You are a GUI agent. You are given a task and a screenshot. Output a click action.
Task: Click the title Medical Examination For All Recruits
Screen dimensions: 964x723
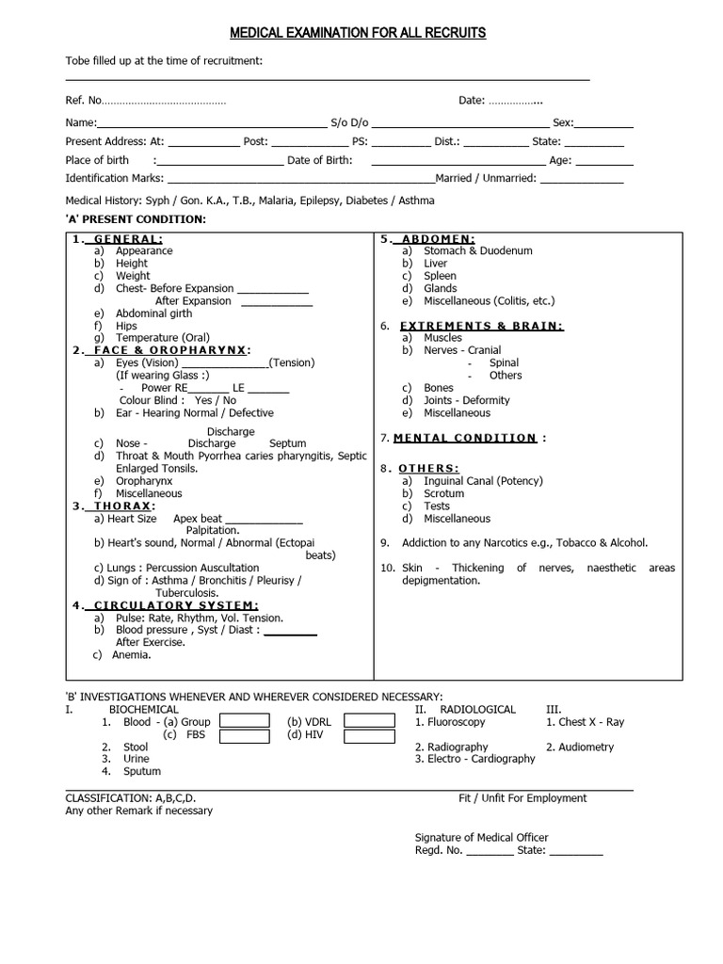pyautogui.click(x=358, y=33)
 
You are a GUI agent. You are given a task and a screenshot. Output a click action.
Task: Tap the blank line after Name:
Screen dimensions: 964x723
pyautogui.click(x=211, y=123)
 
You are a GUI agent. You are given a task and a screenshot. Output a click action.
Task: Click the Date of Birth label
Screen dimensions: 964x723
pyautogui.click(x=320, y=160)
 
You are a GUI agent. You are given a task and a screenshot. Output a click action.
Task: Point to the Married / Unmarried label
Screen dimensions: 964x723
pyautogui.click(x=486, y=178)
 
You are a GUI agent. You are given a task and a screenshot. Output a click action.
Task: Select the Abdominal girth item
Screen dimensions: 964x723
pyautogui.click(x=153, y=313)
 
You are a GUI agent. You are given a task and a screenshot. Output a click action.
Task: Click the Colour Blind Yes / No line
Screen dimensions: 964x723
pyautogui.click(x=177, y=400)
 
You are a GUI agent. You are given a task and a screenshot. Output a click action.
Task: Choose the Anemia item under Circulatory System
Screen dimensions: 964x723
pyautogui.click(x=137, y=654)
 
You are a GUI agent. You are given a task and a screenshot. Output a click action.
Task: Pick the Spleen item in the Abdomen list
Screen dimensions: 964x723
pyautogui.click(x=440, y=276)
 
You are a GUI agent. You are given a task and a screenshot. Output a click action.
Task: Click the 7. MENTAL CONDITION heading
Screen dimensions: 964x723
pyautogui.click(x=464, y=438)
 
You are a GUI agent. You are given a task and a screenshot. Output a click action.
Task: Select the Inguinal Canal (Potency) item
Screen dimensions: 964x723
pyautogui.click(x=483, y=481)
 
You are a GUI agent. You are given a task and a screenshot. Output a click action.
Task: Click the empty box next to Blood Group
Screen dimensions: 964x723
pyautogui.click(x=244, y=721)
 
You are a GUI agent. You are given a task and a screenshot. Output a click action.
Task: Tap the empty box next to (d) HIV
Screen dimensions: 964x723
pyautogui.click(x=369, y=735)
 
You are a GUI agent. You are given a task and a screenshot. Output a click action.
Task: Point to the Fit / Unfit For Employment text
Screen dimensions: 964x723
pyautogui.click(x=522, y=798)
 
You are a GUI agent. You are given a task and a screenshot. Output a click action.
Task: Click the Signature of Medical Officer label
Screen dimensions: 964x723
pyautogui.click(x=481, y=838)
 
